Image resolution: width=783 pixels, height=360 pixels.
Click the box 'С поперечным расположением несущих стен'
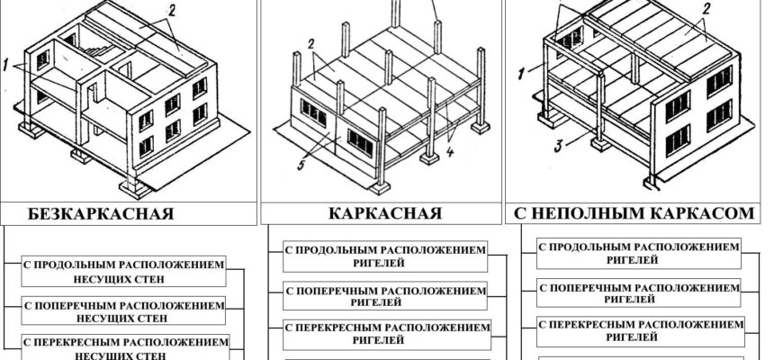(x=123, y=310)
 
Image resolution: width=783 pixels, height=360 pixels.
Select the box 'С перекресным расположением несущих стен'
(x=123, y=347)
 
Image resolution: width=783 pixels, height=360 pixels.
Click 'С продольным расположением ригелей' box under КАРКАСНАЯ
(x=385, y=256)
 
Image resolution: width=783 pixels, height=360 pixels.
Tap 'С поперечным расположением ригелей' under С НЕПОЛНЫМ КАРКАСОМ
(x=639, y=292)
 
